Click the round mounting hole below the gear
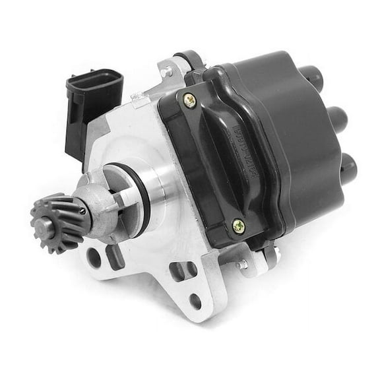(x=94, y=257)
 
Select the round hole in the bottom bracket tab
(x=195, y=302)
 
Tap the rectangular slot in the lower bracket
(x=179, y=271)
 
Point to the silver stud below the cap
(x=243, y=264)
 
